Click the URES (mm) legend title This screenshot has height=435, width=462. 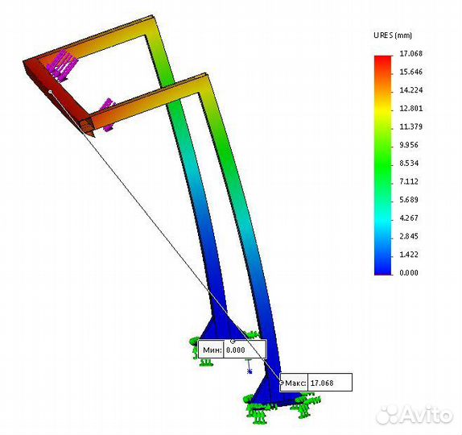[x=393, y=35]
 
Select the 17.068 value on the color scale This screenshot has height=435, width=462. [x=410, y=54]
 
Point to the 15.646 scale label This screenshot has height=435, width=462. [x=410, y=72]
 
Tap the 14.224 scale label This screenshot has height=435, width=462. [x=410, y=90]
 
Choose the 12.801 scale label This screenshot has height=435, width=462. [x=410, y=109]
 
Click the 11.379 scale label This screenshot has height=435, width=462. [x=410, y=126]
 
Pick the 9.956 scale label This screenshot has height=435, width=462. [x=409, y=145]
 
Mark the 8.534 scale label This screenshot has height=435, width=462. [x=409, y=164]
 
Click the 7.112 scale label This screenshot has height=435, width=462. [x=409, y=182]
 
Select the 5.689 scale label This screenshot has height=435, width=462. [x=409, y=200]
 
